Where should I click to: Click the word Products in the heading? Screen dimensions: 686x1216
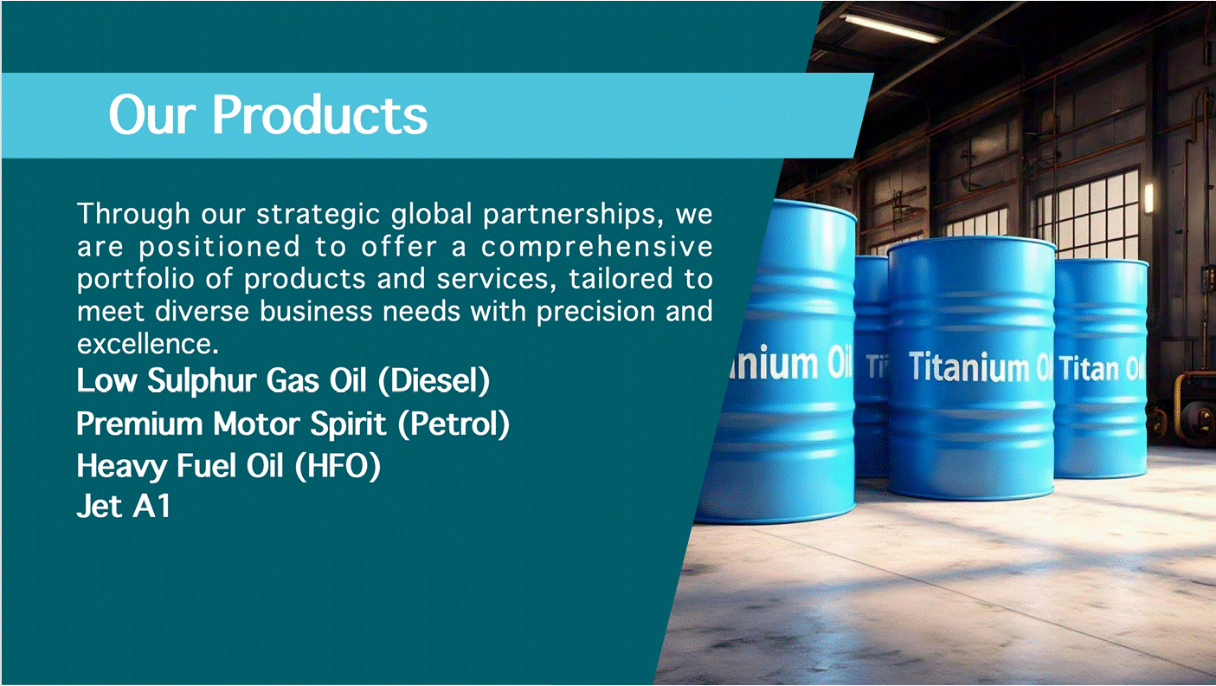click(x=319, y=114)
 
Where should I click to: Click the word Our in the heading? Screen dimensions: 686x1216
click(x=153, y=114)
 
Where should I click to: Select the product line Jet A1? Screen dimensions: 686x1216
click(x=123, y=507)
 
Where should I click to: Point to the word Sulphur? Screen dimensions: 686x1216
click(x=201, y=380)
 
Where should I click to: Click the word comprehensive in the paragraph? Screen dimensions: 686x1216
click(x=597, y=247)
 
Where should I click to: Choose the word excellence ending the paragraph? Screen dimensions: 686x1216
click(x=146, y=344)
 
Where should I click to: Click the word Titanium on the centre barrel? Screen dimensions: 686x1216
click(x=968, y=367)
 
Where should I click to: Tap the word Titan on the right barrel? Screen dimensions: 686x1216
click(x=1089, y=369)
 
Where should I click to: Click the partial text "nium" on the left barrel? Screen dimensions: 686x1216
click(x=775, y=365)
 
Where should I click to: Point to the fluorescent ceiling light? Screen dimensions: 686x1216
click(x=891, y=26)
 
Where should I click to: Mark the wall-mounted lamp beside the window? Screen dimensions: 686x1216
click(x=1148, y=197)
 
